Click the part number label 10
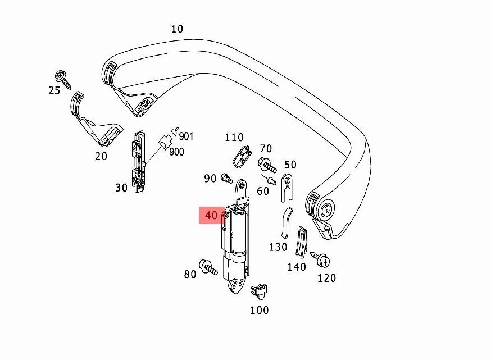click(x=177, y=29)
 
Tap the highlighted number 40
click(x=211, y=215)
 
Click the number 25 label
click(x=54, y=90)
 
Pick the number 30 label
click(x=121, y=188)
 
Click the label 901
click(x=187, y=136)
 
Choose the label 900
click(x=176, y=152)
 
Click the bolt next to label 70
click(x=266, y=165)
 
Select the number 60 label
click(x=263, y=191)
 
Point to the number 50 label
click(x=290, y=165)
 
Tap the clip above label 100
click(x=258, y=291)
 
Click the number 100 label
click(x=259, y=310)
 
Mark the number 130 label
click(x=278, y=247)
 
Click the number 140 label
click(x=297, y=267)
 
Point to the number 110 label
click(x=234, y=138)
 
